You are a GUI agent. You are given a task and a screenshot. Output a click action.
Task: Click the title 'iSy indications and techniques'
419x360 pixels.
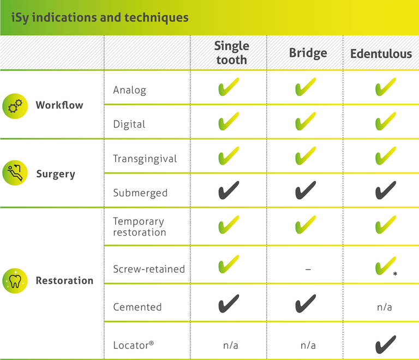[100, 17]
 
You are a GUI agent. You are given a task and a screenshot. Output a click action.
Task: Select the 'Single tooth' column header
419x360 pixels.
[232, 53]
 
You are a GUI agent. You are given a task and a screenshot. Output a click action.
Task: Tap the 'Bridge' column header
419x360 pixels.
[308, 53]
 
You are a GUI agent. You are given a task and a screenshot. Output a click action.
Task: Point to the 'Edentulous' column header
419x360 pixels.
[381, 53]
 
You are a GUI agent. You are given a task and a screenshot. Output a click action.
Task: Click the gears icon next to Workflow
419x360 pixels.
[15, 106]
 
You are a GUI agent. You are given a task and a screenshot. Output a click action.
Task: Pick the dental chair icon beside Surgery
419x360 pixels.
[15, 173]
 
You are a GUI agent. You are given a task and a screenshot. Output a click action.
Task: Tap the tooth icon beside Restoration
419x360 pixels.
[15, 281]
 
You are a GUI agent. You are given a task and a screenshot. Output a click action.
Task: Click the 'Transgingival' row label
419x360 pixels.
[145, 159]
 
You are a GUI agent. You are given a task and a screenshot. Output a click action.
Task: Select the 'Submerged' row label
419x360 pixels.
[140, 193]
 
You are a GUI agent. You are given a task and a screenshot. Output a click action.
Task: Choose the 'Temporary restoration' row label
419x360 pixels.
[140, 227]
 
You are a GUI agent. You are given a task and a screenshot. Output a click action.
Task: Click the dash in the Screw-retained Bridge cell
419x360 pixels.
[308, 269]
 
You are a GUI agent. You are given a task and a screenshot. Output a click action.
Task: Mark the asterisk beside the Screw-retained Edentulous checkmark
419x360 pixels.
[395, 273]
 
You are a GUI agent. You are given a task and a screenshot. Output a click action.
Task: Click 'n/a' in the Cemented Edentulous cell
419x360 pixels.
[384, 307]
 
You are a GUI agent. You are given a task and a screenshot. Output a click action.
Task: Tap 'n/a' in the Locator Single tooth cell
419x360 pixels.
[231, 345]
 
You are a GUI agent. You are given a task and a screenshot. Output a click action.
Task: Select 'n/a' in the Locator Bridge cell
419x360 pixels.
[308, 345]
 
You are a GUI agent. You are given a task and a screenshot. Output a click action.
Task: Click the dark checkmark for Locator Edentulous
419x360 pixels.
[386, 345]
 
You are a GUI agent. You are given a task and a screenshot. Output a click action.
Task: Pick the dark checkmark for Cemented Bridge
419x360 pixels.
[306, 304]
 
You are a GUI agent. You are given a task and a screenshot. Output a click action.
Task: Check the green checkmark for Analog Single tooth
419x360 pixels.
[229, 87]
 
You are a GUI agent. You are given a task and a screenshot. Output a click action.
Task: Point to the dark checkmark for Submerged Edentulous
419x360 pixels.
[386, 190]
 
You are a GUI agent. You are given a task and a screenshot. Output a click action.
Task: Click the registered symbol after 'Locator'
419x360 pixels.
[151, 343]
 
